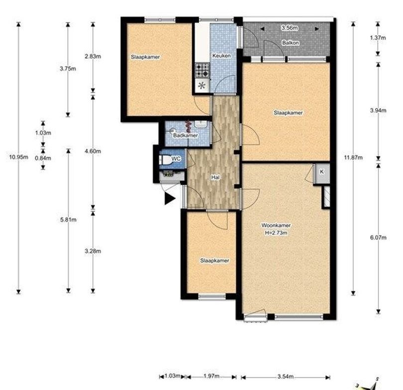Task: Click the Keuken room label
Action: [221, 56]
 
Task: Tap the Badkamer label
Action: [185, 135]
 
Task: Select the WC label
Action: [176, 158]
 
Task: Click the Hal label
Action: [215, 177]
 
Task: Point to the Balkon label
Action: [291, 43]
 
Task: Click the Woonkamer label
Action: [276, 225]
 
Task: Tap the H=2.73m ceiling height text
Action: [276, 233]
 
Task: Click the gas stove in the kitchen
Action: [202, 71]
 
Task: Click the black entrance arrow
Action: [169, 198]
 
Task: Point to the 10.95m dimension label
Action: [18, 157]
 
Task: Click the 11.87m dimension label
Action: [353, 157]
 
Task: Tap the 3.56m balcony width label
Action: [290, 28]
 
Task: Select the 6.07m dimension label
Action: [378, 237]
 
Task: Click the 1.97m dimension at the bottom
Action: [211, 376]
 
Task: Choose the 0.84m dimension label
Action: [43, 158]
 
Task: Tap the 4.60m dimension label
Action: [93, 151]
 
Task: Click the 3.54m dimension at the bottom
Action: [285, 377]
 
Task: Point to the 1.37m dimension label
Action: [378, 38]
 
